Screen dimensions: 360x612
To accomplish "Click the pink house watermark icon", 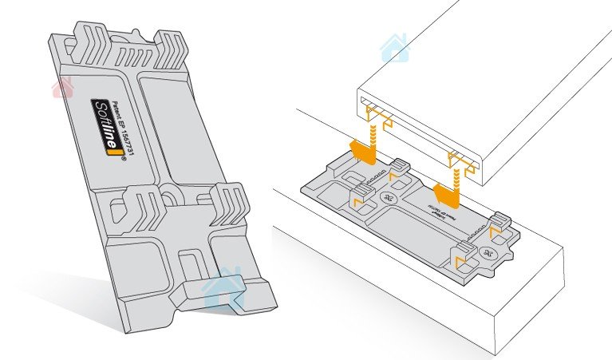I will pos(62,87).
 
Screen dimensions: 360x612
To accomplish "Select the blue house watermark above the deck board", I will pos(393,49).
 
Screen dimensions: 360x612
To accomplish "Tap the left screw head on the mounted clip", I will pos(389,198).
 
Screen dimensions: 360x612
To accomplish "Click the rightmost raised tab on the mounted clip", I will pos(501,220).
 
